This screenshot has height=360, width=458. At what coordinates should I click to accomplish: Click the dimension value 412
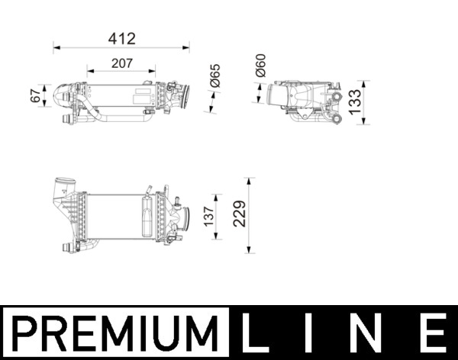pos(121,37)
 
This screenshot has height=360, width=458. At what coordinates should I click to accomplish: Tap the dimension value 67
pos(35,97)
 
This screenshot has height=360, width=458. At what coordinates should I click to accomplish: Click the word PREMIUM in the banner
pos(115,333)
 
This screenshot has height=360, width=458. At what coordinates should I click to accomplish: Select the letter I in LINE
pos(315,333)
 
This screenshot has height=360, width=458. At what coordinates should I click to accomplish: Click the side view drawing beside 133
pos(303,101)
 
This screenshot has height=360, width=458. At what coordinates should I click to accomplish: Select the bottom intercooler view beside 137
pos(118,216)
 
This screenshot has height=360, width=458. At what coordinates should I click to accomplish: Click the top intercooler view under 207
pos(122,99)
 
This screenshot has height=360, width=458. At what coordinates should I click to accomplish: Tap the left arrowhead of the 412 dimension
pos(56,48)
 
